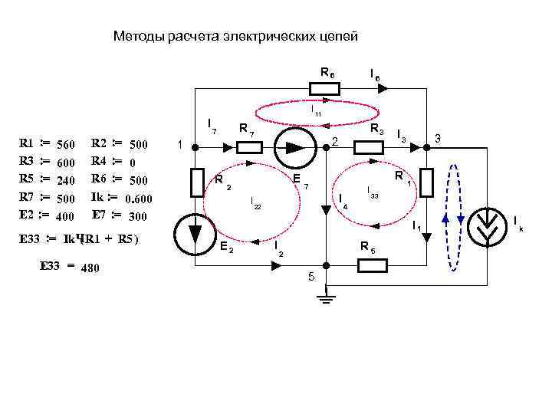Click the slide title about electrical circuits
(x=235, y=36)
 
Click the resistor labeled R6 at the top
(x=324, y=90)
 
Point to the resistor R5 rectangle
(x=373, y=266)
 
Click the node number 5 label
(x=311, y=277)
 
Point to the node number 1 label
(x=179, y=144)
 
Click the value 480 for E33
(x=90, y=268)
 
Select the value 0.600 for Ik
(x=139, y=200)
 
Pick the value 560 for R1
(x=65, y=145)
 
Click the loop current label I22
(x=255, y=202)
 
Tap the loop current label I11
(x=316, y=112)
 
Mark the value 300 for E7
(x=137, y=216)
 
